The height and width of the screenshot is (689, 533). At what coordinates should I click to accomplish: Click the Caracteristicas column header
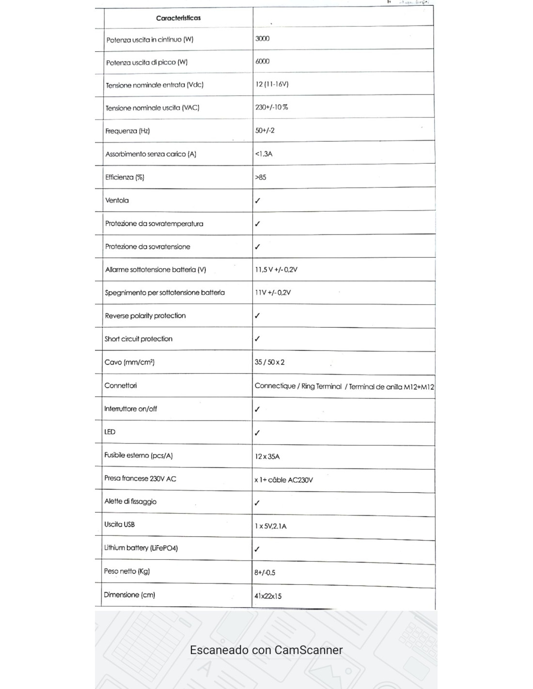click(178, 18)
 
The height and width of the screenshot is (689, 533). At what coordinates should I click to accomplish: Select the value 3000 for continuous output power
click(262, 38)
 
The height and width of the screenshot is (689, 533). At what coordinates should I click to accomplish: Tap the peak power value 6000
click(262, 61)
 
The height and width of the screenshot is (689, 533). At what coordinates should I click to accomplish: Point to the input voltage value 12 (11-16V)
click(272, 84)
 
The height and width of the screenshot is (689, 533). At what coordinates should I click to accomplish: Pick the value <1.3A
click(264, 154)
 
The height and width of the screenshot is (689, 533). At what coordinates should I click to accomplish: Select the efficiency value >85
click(261, 177)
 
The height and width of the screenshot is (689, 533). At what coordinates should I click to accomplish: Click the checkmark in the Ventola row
click(257, 201)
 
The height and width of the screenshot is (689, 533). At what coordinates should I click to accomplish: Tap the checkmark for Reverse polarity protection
click(257, 316)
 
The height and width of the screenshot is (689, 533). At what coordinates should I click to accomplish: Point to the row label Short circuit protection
click(139, 339)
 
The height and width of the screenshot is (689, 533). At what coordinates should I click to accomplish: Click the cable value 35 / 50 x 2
click(269, 362)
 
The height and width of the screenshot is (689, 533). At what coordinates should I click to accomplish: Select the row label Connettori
click(121, 386)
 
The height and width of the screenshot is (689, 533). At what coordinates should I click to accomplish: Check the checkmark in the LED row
click(257, 433)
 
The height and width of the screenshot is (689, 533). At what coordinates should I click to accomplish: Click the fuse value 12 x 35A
click(267, 456)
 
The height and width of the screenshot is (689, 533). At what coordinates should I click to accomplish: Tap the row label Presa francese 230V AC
click(140, 478)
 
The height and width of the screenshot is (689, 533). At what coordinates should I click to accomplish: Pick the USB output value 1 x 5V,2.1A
click(270, 526)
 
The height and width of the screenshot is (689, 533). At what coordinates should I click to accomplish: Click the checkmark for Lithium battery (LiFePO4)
click(257, 549)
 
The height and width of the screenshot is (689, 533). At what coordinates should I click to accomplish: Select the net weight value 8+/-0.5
click(265, 573)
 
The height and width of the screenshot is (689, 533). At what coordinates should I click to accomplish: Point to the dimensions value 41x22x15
click(267, 596)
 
